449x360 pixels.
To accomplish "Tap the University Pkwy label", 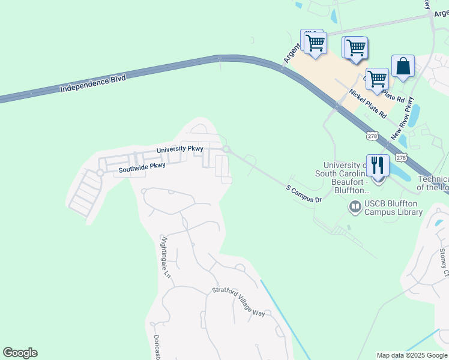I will tap(180, 149).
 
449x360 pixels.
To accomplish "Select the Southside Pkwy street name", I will tap(142, 167).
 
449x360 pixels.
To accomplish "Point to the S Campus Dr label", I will tap(304, 194).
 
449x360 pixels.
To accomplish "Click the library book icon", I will tap(355, 207).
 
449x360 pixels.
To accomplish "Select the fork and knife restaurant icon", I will tap(378, 165).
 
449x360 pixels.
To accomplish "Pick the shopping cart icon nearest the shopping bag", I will tap(377, 79).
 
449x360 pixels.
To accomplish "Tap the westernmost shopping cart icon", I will tap(315, 43).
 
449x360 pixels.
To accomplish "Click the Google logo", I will tap(20, 353).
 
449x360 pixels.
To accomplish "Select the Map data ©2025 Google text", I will tap(411, 355).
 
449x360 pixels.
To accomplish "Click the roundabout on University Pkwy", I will tap(226, 149).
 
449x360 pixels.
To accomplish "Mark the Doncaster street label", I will tap(156, 347).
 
